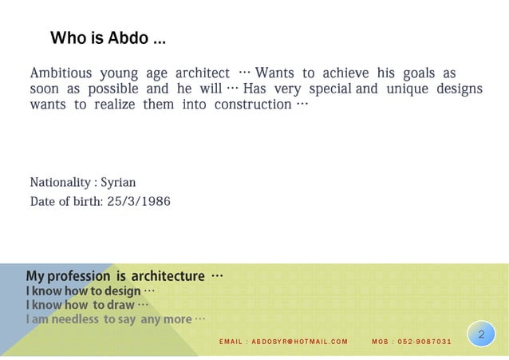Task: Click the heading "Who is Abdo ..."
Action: (x=108, y=38)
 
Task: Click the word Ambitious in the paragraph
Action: (x=61, y=73)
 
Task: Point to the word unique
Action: (x=406, y=89)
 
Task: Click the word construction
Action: (x=252, y=105)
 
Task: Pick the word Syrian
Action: (x=118, y=183)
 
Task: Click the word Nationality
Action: (x=61, y=183)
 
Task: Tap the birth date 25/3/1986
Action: (x=139, y=201)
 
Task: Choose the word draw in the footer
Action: (x=120, y=305)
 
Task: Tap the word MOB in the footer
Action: (x=380, y=342)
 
